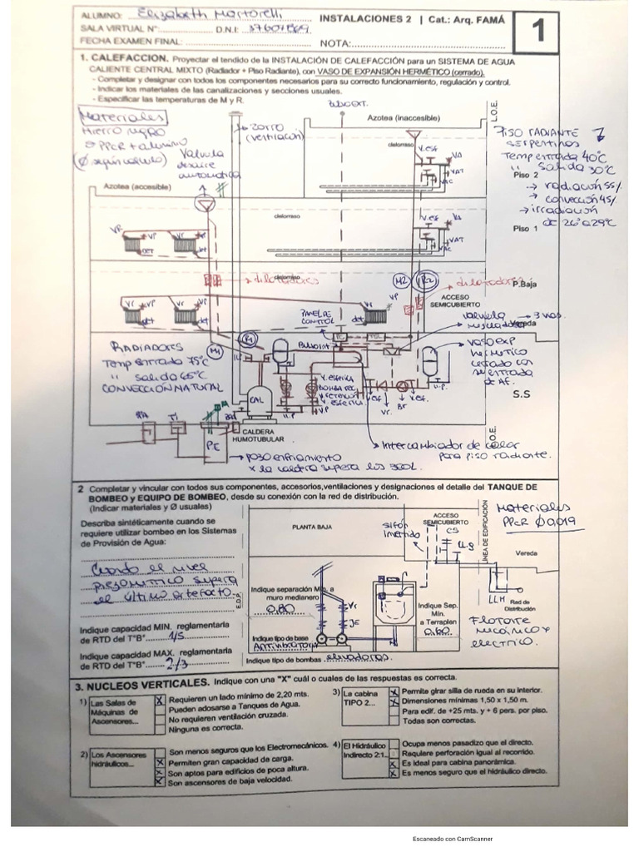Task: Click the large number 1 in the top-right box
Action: click(537, 32)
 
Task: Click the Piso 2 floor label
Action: click(526, 176)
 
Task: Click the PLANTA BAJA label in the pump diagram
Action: click(311, 526)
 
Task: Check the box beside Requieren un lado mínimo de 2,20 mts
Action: click(160, 701)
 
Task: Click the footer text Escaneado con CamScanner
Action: click(453, 839)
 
